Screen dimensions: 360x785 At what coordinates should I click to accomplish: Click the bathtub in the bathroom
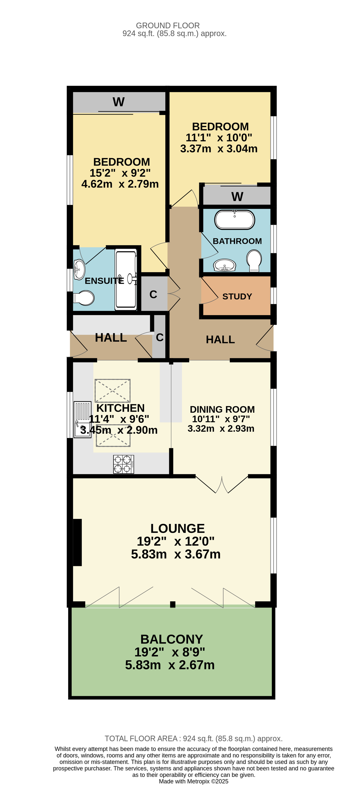(x=234, y=219)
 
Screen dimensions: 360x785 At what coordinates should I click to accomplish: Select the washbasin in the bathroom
(x=225, y=265)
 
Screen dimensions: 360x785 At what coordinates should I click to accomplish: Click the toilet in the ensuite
(x=84, y=298)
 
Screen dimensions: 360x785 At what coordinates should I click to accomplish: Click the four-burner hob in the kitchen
(x=123, y=464)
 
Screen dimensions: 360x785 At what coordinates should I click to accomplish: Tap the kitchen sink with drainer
(x=82, y=419)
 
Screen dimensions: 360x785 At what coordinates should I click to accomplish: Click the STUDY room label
(x=237, y=297)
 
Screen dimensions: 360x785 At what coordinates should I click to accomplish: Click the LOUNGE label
(x=178, y=528)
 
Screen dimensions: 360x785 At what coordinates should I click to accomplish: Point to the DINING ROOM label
(x=222, y=409)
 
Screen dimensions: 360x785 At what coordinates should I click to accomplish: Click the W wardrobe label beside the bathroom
(x=237, y=197)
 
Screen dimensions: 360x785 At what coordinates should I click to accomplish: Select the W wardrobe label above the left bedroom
(x=119, y=102)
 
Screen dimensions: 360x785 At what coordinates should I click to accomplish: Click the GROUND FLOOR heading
(x=168, y=26)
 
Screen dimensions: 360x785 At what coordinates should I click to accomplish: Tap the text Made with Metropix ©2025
(x=194, y=781)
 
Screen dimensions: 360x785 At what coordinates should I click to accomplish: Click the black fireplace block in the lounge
(x=77, y=543)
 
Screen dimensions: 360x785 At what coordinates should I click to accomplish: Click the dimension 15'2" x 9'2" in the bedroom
(x=120, y=173)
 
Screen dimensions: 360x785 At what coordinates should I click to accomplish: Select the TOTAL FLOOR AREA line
(x=194, y=738)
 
